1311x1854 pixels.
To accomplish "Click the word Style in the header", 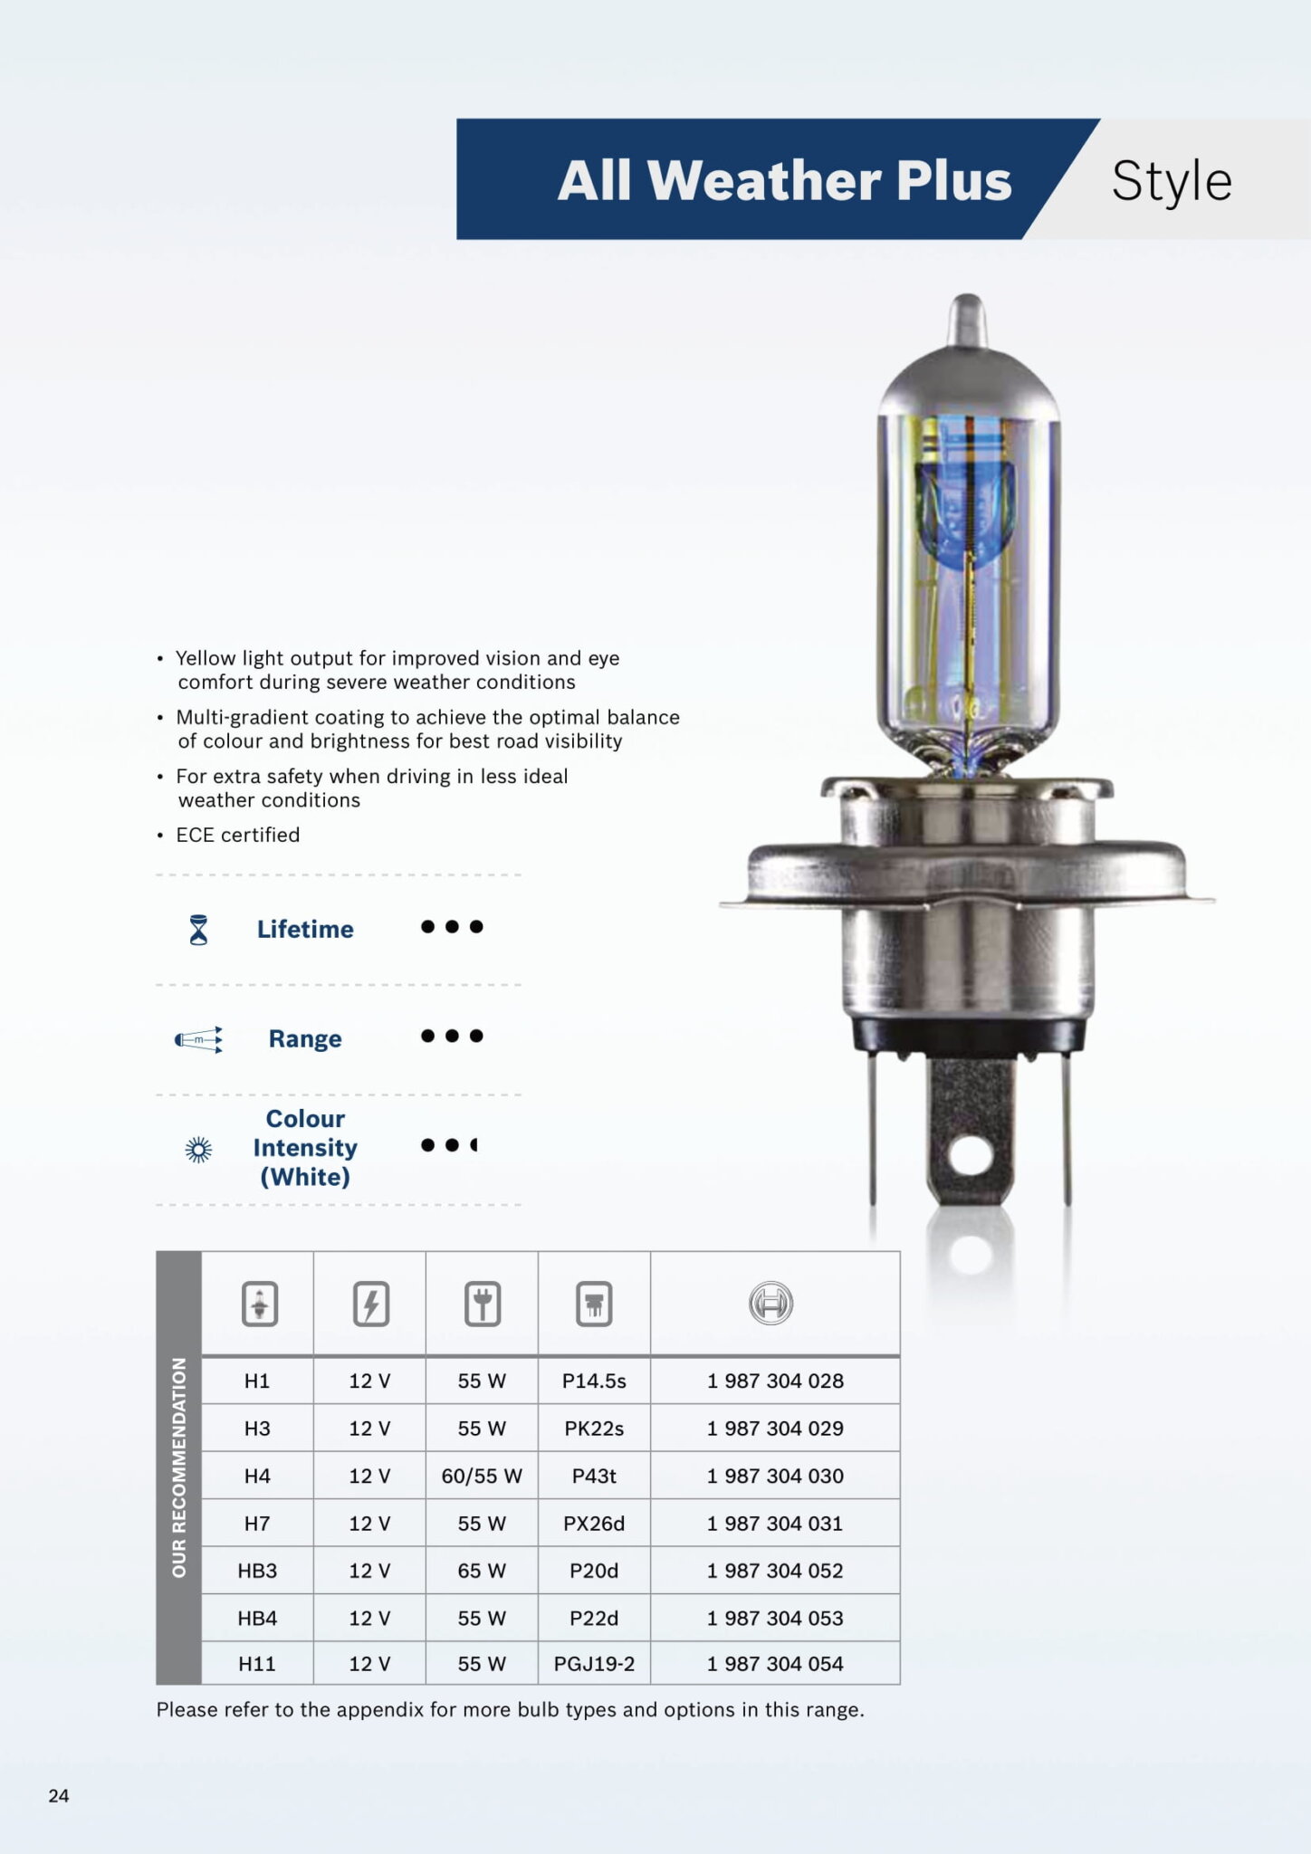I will click(1171, 181).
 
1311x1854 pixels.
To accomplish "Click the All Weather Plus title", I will click(784, 180).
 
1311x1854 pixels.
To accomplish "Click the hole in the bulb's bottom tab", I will click(969, 1155).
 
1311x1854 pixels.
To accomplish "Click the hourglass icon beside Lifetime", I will click(198, 930).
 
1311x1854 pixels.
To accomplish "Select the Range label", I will click(305, 1038).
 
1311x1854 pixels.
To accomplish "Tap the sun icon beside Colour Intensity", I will click(198, 1150).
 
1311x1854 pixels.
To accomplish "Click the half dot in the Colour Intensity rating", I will click(474, 1145).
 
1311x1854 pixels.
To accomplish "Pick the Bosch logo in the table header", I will click(770, 1304).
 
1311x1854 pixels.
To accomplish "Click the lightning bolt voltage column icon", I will click(370, 1304).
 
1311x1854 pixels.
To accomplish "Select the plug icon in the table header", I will click(483, 1304).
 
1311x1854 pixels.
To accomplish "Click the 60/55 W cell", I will click(482, 1476).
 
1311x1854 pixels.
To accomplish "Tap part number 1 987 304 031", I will click(775, 1524).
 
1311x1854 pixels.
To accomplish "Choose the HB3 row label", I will click(257, 1571).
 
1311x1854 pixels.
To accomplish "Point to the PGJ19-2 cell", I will click(594, 1664).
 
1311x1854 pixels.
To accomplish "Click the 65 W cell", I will click(482, 1571).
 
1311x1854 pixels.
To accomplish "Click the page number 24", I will click(59, 1795).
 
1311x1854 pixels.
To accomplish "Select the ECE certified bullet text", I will click(237, 835).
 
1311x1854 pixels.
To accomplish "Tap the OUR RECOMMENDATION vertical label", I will click(178, 1467).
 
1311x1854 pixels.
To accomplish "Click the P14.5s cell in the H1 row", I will click(594, 1381).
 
